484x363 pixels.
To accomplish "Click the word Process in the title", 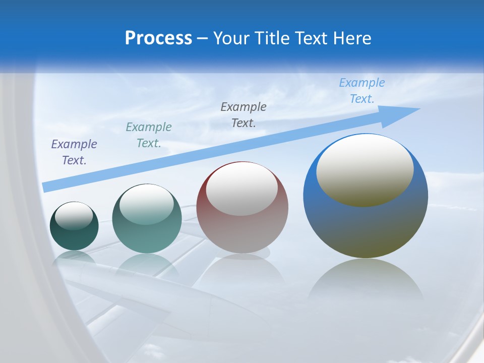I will coord(158,38).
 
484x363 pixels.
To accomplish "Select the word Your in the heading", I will coord(232,38).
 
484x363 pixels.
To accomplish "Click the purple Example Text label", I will coord(74,152).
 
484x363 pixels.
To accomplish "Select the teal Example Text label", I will coord(149,135).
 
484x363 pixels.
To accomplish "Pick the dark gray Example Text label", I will coord(244,115).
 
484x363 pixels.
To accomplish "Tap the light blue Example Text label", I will coord(362,91).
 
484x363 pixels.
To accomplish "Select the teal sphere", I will coord(147,237).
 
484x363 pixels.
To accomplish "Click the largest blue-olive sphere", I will coord(366,227).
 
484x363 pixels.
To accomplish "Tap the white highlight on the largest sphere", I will coord(365,170).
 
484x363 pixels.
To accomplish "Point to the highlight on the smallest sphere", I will coord(74,216).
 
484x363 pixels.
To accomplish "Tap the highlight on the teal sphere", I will coord(147,204).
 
